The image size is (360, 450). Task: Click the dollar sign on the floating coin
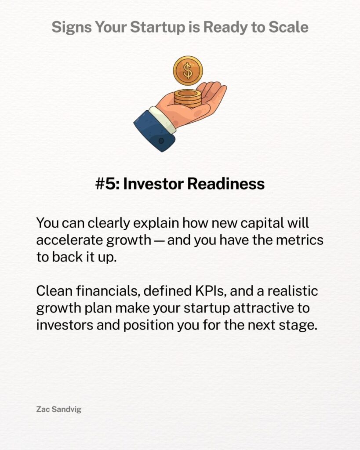coord(188,71)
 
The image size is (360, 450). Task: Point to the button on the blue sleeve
coord(161,141)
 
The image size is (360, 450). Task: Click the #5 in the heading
coord(107,184)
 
